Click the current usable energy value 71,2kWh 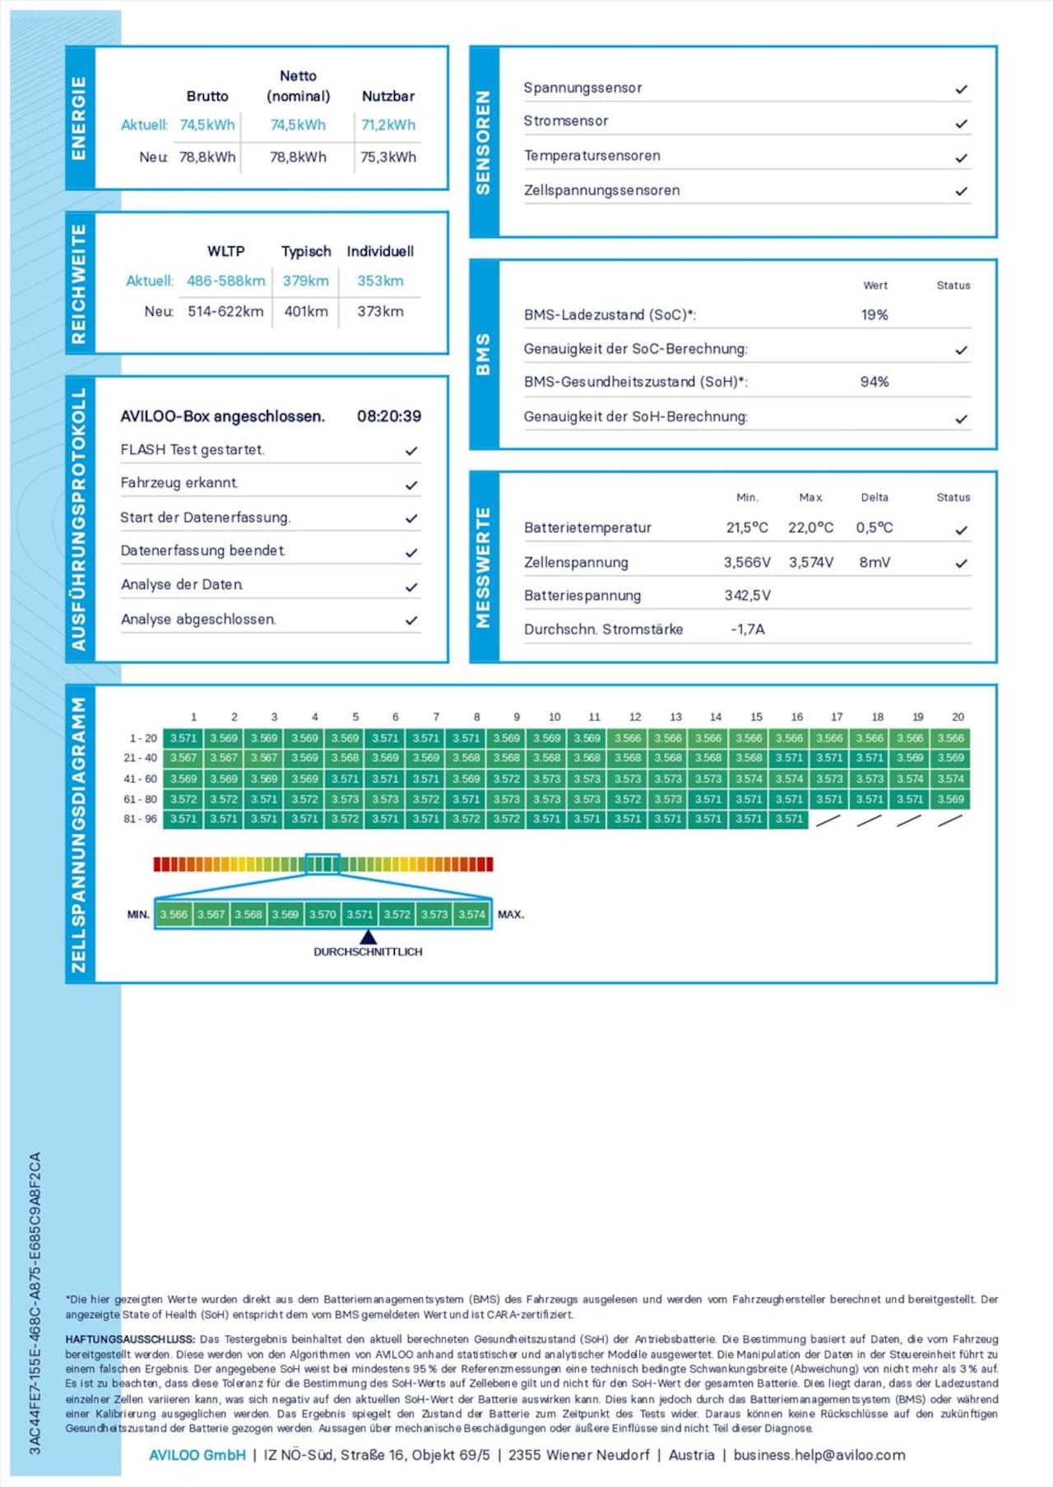(388, 125)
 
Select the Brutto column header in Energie (207, 96)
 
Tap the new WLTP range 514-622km (225, 312)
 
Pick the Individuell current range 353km (380, 281)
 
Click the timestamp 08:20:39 (389, 416)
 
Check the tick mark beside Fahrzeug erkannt (411, 486)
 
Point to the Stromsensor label (566, 121)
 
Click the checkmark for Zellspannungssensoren (961, 191)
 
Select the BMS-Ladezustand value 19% (874, 314)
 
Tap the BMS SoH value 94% (874, 382)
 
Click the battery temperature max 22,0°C (810, 527)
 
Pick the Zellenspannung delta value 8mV (874, 563)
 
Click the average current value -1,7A (748, 630)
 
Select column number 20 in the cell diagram (958, 717)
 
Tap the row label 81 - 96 (140, 819)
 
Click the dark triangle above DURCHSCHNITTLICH (368, 936)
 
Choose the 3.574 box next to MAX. (471, 914)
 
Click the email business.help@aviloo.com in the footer (819, 1455)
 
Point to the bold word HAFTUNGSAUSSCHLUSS (130, 1339)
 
